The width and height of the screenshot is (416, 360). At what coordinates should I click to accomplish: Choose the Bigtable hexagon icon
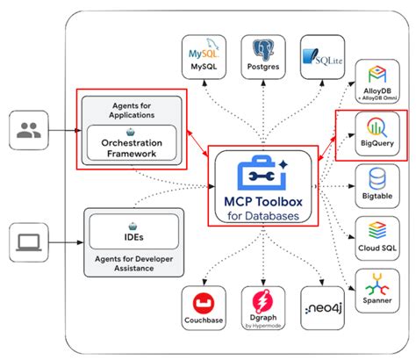click(374, 179)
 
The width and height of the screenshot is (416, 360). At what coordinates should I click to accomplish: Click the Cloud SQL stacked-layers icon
click(374, 230)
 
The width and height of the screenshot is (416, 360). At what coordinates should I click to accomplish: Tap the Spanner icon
click(374, 282)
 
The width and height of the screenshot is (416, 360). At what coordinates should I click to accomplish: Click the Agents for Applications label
click(133, 110)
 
